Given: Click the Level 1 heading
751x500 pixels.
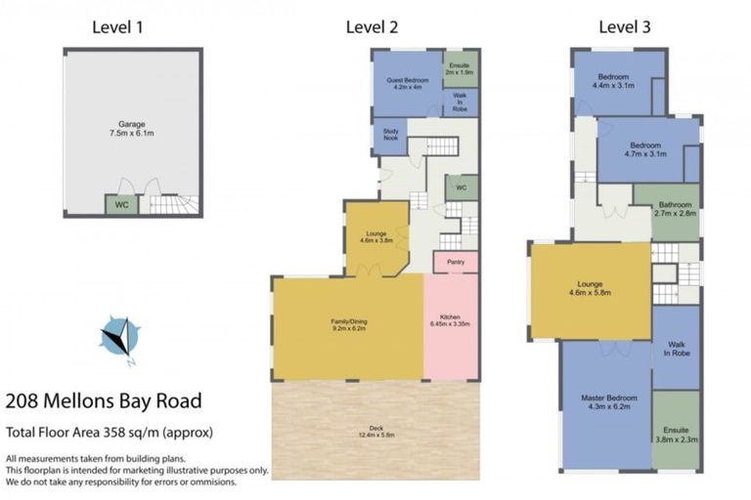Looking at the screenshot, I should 117,26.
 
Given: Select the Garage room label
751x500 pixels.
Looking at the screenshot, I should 132,128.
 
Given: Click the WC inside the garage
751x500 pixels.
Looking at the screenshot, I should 121,205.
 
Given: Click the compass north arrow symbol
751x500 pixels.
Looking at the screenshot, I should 119,338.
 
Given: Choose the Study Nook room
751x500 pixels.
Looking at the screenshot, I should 389,137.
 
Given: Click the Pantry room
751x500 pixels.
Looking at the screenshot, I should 455,262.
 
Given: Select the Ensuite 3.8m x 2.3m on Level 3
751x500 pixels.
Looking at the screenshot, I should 676,435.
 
